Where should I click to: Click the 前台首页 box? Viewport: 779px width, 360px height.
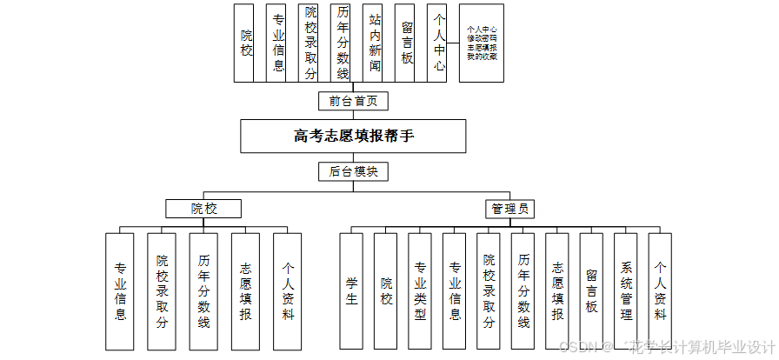coord(353,101)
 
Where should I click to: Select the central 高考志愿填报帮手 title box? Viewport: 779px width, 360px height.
coord(353,136)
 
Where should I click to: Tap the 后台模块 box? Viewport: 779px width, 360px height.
coord(353,171)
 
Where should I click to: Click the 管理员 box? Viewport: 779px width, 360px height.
coord(509,209)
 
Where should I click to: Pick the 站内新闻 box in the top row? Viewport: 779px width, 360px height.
coord(375,43)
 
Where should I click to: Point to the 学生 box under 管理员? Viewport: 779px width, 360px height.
coord(351,290)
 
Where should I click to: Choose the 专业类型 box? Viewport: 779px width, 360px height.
coord(420,290)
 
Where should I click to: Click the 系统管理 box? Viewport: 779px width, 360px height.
coord(626,290)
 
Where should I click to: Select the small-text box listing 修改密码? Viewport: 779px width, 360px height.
coord(482,43)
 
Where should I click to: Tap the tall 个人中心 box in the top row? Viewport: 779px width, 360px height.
coord(439,43)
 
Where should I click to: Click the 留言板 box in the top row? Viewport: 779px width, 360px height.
coord(407,43)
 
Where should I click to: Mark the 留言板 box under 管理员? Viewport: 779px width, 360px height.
coord(591,290)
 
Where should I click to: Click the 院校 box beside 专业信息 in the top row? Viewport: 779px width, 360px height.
coord(247,43)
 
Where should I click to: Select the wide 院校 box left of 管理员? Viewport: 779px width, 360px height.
coord(203,209)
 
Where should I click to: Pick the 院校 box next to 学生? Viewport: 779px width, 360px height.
coord(386,290)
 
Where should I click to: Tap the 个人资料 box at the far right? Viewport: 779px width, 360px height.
coord(661,290)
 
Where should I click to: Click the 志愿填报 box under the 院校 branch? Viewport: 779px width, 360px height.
coord(246,290)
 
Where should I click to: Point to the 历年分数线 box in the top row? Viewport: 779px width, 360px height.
coord(343,43)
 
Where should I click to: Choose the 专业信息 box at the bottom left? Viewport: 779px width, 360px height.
coord(120,290)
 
